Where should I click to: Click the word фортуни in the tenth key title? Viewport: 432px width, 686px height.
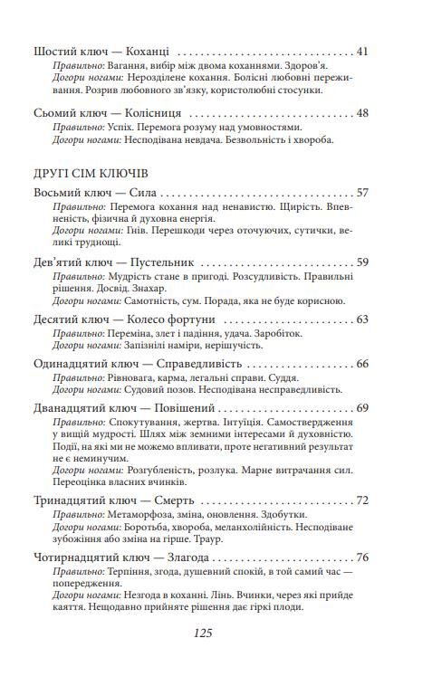tap(189, 319)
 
